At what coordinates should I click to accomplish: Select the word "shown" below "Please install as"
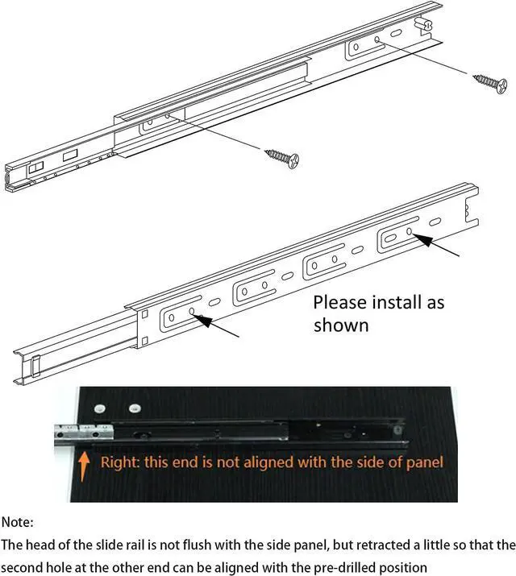[x=340, y=325]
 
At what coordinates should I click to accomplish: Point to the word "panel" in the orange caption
[x=422, y=462]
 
